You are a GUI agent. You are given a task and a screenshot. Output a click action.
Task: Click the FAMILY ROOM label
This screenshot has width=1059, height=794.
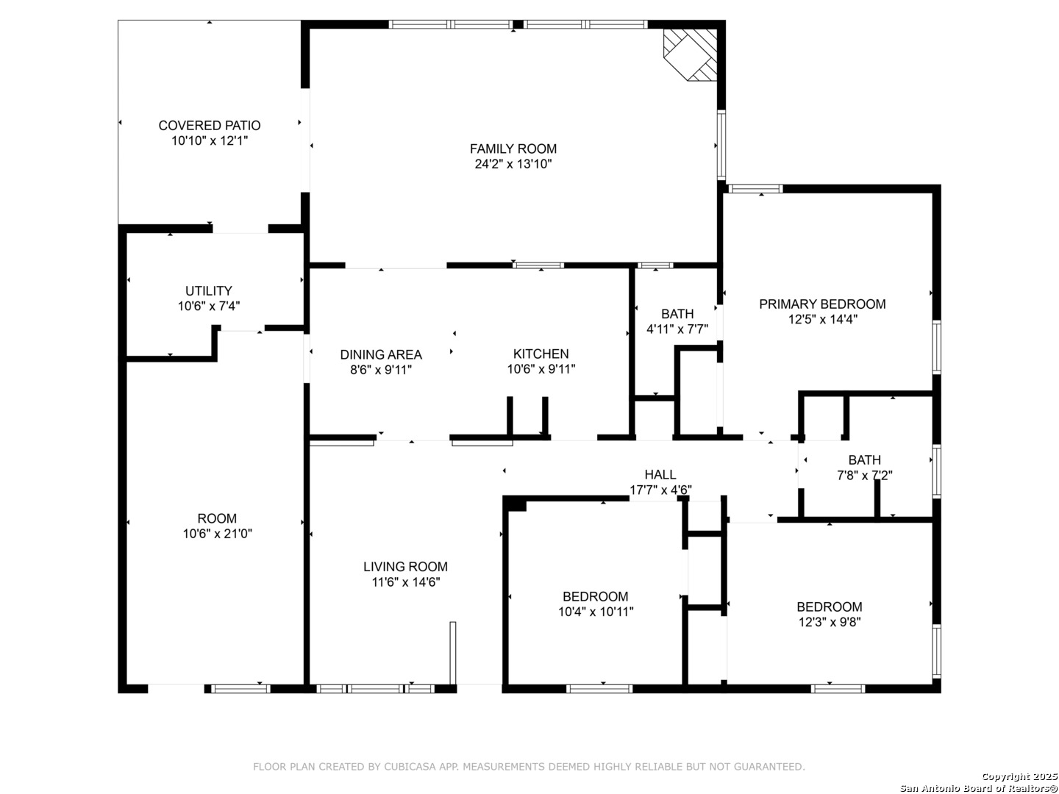point(513,149)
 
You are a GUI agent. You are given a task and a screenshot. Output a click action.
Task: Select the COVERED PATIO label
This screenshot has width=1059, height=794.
point(210,125)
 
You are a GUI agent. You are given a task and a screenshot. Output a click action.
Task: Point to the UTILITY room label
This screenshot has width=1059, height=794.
point(209,290)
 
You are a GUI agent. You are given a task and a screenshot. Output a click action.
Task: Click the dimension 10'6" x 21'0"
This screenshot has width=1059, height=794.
point(218,534)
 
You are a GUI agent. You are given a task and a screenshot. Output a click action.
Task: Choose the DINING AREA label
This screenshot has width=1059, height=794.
point(381,355)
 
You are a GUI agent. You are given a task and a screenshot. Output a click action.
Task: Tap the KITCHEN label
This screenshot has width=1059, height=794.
point(541,354)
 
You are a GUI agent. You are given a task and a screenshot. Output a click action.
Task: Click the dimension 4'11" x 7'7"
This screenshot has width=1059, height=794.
point(677,329)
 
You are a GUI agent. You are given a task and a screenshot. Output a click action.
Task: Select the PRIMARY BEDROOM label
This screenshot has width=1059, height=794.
point(823,304)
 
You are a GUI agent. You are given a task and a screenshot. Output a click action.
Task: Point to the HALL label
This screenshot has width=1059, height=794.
point(660,474)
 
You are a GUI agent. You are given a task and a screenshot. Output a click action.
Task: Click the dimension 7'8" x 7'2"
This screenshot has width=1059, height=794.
point(865,476)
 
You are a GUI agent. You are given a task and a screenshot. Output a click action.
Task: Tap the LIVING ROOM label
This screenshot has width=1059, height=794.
point(406,566)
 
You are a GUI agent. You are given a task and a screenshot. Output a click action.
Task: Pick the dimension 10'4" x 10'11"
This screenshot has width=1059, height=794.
point(596,612)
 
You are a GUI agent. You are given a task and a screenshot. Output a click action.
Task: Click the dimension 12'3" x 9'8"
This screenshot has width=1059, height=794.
point(830,622)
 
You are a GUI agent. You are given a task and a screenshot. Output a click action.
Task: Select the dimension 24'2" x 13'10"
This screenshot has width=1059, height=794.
point(513,164)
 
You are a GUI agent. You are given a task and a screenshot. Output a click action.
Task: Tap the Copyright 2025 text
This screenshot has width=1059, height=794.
point(1019,776)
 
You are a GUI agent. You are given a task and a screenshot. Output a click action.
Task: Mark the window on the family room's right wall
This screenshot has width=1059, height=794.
point(721,145)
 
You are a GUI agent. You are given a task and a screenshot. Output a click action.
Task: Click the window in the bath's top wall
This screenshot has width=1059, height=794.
point(655,265)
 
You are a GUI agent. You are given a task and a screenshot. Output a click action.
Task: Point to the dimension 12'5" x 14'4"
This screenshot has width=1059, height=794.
point(823,319)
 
